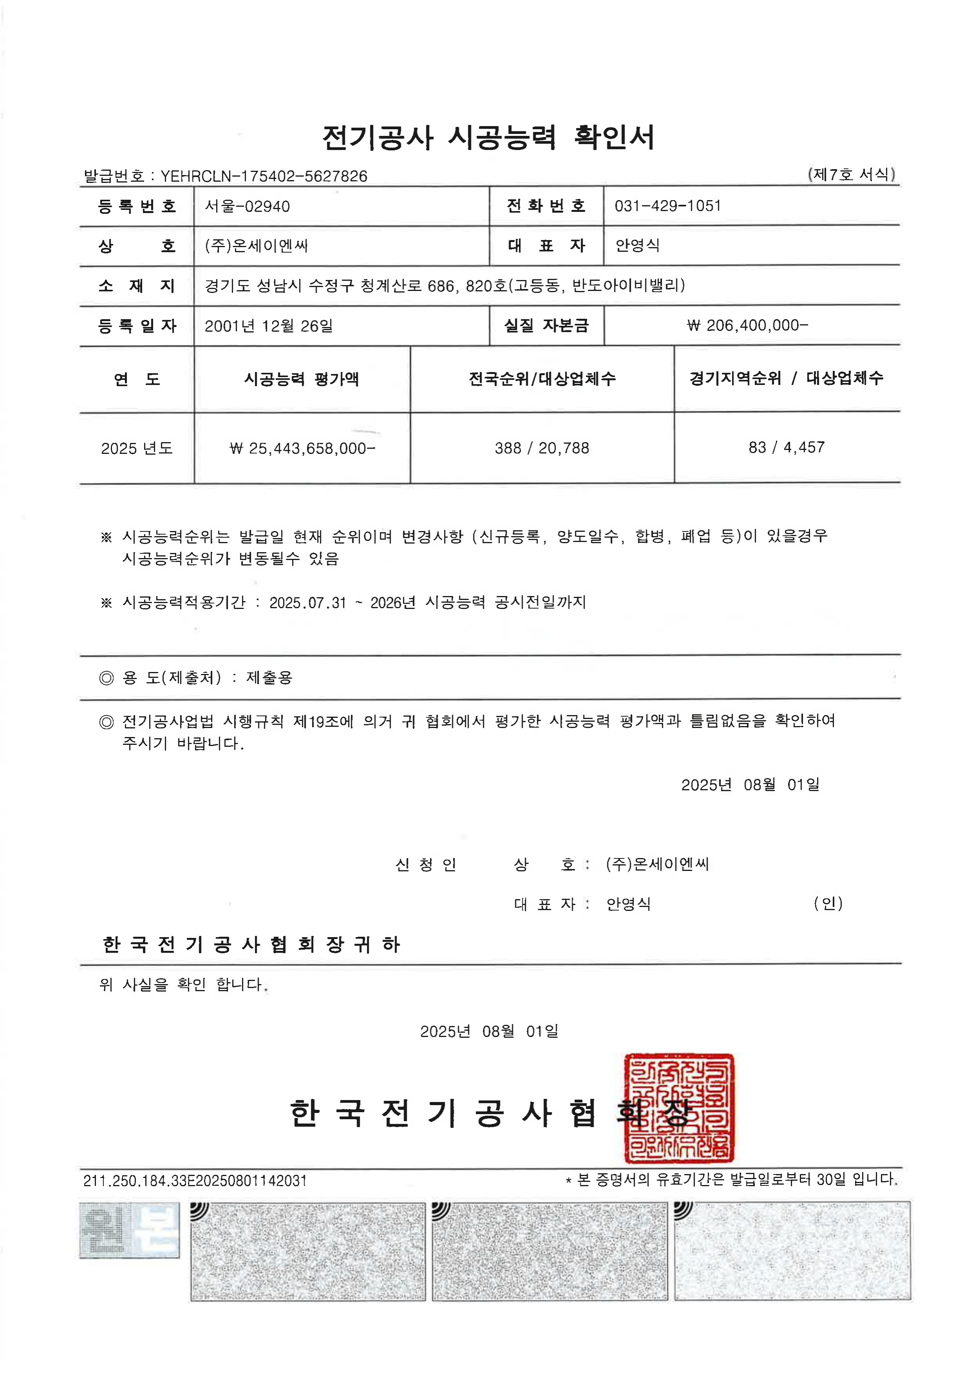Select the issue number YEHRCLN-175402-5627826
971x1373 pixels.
click(x=264, y=176)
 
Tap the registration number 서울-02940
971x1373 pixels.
click(x=247, y=206)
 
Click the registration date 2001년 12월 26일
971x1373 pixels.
click(x=269, y=326)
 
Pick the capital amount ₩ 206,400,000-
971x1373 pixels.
click(x=747, y=325)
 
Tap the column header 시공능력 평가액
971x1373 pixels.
click(x=301, y=379)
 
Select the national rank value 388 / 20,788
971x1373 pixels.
click(x=542, y=448)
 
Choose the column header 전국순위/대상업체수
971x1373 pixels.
click(x=542, y=379)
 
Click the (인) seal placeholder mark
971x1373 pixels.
click(x=828, y=903)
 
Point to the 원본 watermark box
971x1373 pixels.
click(x=129, y=1230)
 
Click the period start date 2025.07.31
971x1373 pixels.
click(x=307, y=603)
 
